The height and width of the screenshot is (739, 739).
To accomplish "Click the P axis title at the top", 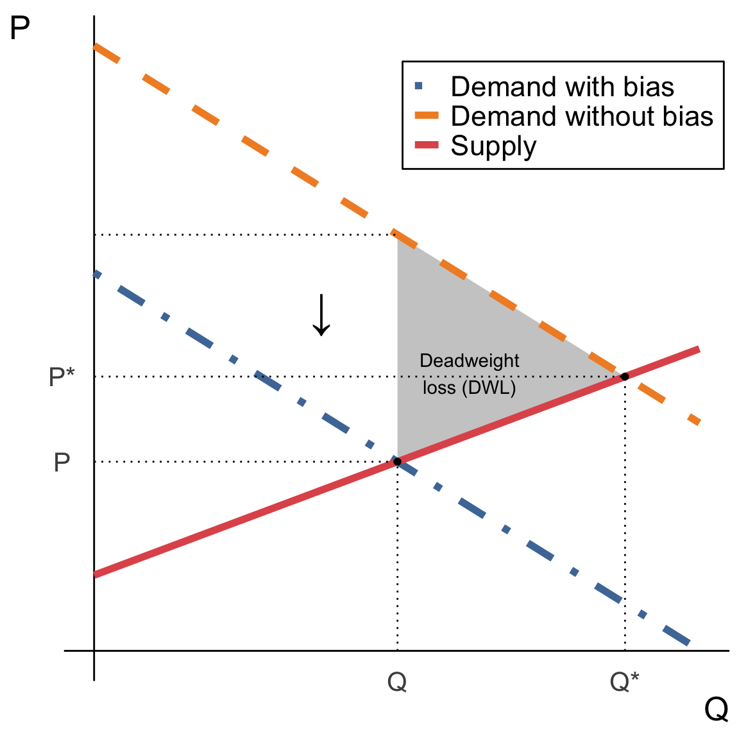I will click(20, 29).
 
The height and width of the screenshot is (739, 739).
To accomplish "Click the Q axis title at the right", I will click(716, 709).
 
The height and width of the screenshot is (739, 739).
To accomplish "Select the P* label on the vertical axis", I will click(62, 377).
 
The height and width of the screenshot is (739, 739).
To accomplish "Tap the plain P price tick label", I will click(62, 462).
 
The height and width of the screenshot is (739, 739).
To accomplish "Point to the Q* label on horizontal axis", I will click(625, 683).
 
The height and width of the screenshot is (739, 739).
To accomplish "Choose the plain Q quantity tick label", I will click(397, 683).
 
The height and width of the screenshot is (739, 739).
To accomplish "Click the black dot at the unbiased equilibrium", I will click(625, 377).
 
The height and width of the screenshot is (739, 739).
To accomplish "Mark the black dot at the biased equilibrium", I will click(397, 462).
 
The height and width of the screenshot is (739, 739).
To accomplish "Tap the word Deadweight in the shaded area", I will click(470, 361).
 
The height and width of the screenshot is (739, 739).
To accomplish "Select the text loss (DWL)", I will click(470, 388).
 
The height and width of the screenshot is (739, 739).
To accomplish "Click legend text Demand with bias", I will click(562, 87).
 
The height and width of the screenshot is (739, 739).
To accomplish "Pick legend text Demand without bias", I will click(582, 116).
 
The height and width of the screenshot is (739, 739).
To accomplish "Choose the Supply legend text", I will click(493, 146).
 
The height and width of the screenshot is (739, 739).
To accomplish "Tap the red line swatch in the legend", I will click(427, 146).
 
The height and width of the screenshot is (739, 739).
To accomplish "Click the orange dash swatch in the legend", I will click(427, 116).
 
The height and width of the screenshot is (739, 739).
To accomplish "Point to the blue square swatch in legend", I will click(419, 86).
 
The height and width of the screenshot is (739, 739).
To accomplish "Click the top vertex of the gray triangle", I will click(398, 235).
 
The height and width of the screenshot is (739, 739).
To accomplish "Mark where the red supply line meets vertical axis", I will click(94, 574).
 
